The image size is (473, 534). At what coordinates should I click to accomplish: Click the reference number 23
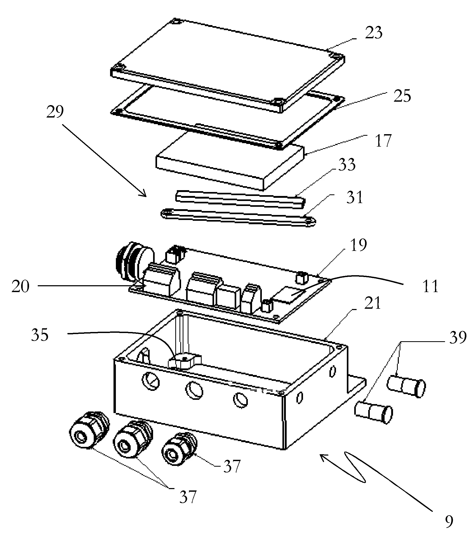(373, 33)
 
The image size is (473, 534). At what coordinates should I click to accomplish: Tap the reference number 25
(402, 96)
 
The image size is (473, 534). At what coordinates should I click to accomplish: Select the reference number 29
(55, 111)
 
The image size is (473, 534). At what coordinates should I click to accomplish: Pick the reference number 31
(354, 197)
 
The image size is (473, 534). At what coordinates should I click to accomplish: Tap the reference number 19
(358, 245)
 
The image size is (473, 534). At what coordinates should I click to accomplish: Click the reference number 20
(20, 286)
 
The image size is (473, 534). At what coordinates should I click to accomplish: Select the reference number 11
(431, 286)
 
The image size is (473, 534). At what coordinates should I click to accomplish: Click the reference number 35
(40, 335)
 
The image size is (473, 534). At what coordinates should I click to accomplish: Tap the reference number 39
(458, 338)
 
